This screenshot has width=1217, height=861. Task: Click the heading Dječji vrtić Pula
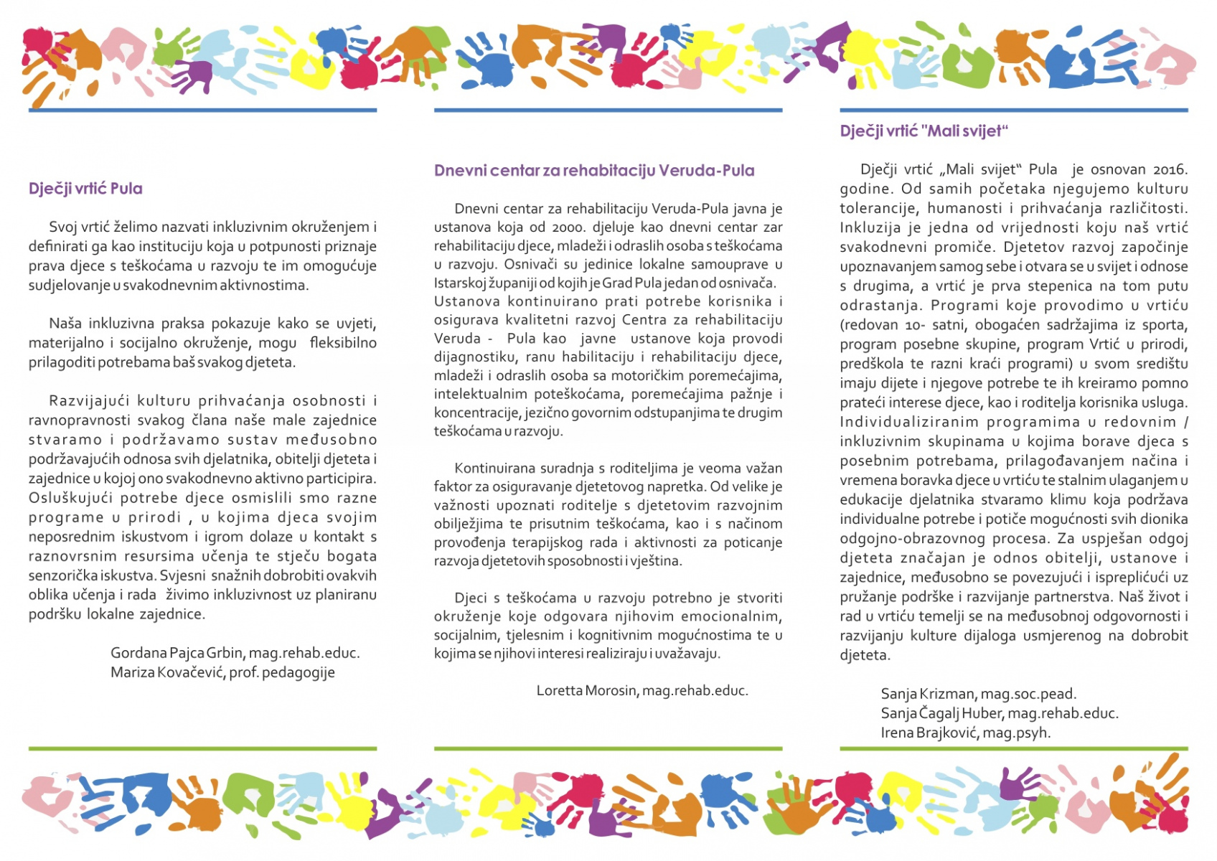tap(85, 189)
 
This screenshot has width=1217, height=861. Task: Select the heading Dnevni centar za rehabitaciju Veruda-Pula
tap(594, 171)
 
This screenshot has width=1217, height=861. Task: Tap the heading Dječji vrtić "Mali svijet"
tap(924, 131)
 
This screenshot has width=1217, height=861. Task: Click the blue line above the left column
tap(202, 110)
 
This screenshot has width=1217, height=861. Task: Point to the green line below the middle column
tap(608, 748)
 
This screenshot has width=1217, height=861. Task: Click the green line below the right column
tap(1013, 748)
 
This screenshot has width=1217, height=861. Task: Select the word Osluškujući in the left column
tap(70, 498)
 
